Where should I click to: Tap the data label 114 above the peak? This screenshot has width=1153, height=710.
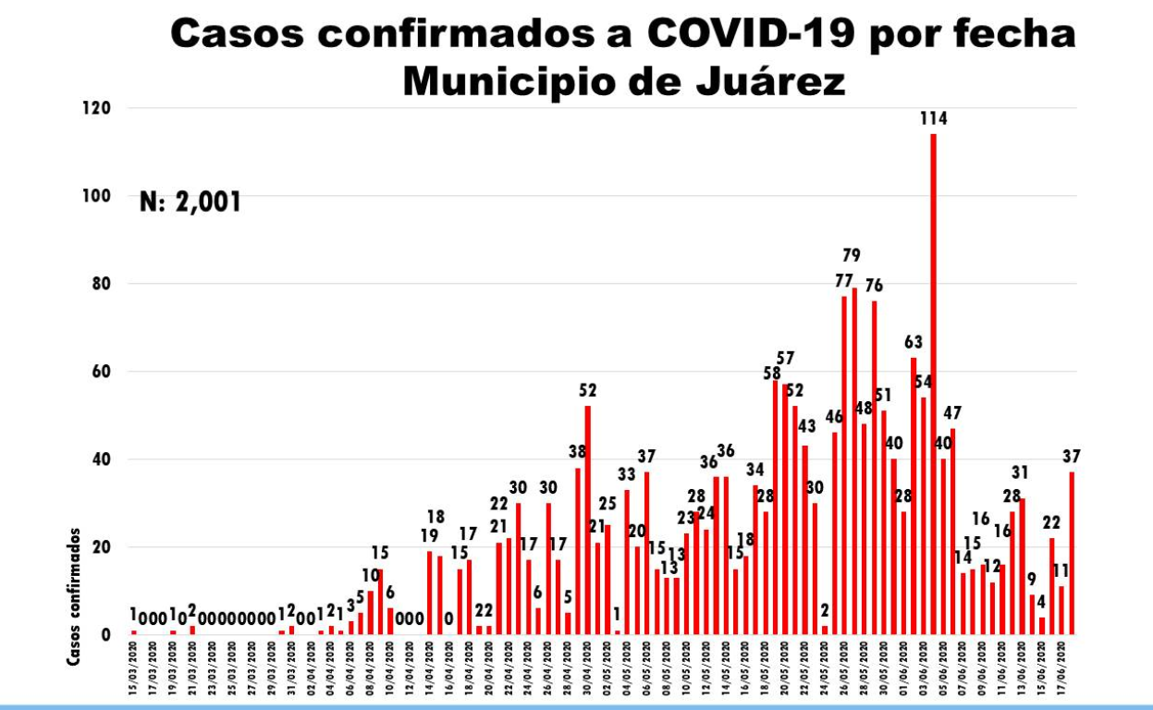click(x=933, y=118)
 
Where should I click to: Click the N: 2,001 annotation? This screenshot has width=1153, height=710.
click(x=190, y=202)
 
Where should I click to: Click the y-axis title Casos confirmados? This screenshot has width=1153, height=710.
click(x=73, y=596)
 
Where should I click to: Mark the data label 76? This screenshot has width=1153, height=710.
click(x=874, y=284)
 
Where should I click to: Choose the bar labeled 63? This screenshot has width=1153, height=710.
click(x=914, y=496)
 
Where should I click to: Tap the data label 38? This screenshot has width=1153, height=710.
click(x=578, y=452)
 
